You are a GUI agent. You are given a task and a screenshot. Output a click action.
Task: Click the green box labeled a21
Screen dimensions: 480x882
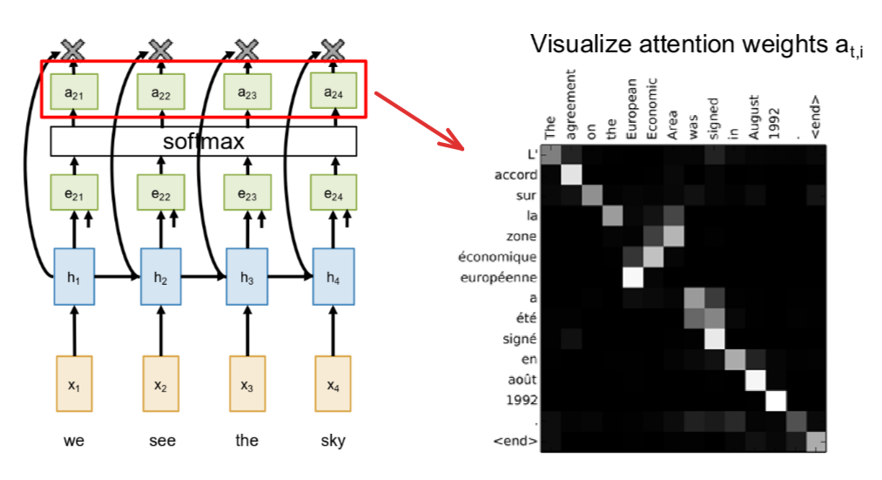click(74, 92)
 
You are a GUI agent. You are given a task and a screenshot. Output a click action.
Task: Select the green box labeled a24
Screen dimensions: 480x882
click(333, 92)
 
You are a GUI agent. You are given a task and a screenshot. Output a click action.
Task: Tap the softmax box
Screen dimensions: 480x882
click(204, 140)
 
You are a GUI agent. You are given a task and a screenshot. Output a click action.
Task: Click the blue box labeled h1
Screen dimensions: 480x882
click(74, 277)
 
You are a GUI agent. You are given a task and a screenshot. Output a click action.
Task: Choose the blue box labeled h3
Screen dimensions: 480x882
click(246, 277)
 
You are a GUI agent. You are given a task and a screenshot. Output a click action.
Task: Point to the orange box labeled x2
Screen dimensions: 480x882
click(160, 383)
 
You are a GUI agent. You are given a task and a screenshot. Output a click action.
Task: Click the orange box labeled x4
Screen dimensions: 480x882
click(333, 383)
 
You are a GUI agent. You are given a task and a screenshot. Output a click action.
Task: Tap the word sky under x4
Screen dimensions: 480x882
click(333, 441)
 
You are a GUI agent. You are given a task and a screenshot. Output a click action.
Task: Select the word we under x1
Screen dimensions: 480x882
click(74, 441)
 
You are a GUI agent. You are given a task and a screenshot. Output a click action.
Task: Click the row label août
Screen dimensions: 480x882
click(521, 380)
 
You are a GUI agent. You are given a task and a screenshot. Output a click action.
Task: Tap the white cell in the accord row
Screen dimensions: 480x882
click(571, 175)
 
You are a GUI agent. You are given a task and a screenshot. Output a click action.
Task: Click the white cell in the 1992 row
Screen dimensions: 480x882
click(775, 401)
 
